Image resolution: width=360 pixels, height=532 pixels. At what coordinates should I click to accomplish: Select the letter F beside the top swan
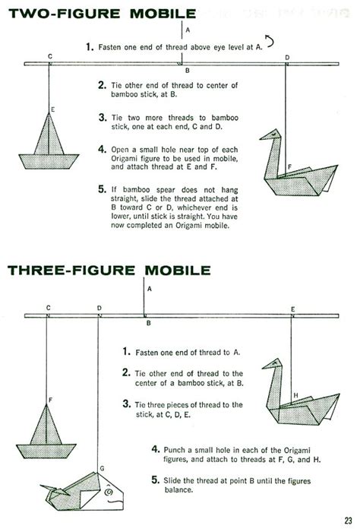[289, 166]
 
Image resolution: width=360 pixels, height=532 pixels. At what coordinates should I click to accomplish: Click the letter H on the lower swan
[295, 395]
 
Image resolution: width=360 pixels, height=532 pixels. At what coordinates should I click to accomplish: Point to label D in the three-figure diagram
[99, 308]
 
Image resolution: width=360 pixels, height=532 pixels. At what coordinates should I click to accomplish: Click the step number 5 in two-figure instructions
[103, 188]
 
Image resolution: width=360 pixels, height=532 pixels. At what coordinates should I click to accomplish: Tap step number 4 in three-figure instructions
[155, 449]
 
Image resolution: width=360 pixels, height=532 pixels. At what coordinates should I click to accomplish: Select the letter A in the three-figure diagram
[150, 289]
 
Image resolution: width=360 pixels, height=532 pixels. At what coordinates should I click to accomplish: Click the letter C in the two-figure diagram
[49, 56]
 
